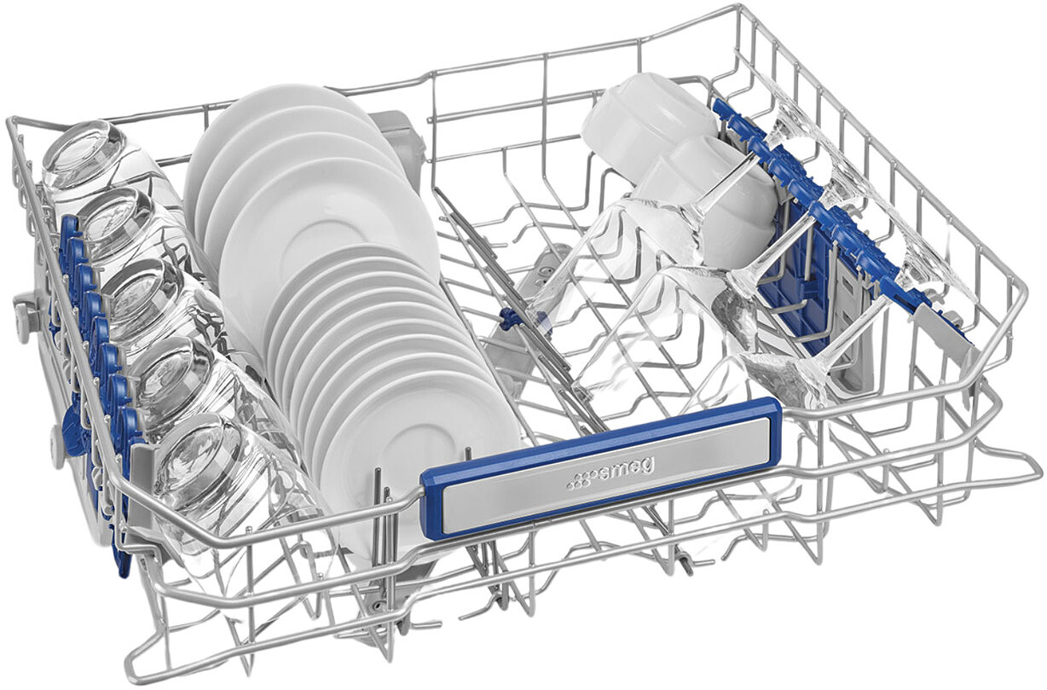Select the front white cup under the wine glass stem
point(720,206)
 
